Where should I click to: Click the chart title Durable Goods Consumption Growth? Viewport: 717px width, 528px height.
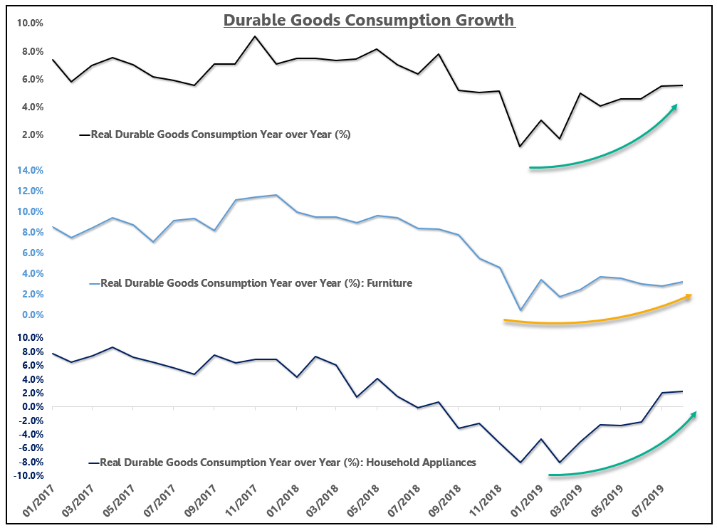369,19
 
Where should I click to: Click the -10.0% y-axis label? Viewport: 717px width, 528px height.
27,476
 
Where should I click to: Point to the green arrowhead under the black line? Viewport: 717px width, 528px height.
674,107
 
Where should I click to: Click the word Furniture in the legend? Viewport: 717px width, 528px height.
390,283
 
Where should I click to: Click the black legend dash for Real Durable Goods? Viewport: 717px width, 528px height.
84,134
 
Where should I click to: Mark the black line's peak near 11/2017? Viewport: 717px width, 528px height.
255,36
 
